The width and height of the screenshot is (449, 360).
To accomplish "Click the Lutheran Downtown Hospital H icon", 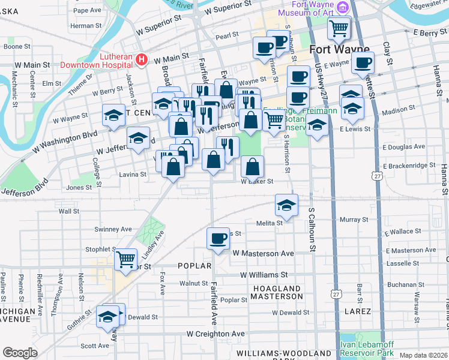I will click(x=142, y=59).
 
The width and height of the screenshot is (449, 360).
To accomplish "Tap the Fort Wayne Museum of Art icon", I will click(x=342, y=8).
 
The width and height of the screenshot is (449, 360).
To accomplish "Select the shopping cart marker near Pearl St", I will click(x=339, y=28).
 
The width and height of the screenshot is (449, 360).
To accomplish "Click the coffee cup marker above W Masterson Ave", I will click(x=218, y=238).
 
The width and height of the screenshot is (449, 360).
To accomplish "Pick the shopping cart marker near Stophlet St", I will click(x=125, y=259).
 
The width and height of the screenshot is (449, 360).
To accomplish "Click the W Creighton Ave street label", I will click(x=215, y=334).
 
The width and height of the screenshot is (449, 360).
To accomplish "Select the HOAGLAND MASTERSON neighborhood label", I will click(x=277, y=292).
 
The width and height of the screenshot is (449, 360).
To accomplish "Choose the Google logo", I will click(x=19, y=353).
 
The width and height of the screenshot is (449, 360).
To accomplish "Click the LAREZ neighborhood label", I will click(x=358, y=311).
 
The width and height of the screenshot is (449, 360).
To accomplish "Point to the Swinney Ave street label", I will click(x=113, y=229).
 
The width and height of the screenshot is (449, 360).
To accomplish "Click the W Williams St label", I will click(x=264, y=275).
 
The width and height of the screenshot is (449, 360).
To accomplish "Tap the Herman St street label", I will click(x=86, y=26).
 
